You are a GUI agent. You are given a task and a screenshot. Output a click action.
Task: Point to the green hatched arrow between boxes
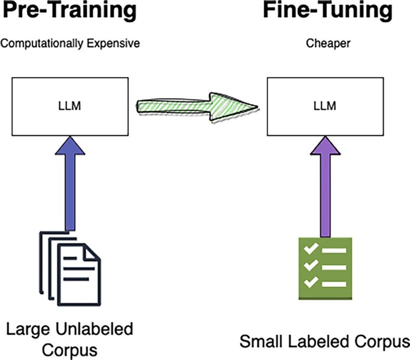point(198,106)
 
